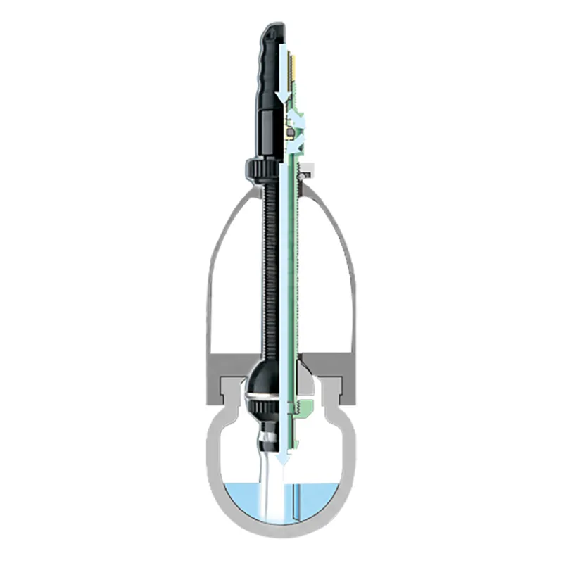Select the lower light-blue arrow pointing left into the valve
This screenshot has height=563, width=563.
pos(298,144)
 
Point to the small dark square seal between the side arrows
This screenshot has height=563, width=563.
pos(289,129)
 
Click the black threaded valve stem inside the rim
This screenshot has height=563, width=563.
pos(269,267)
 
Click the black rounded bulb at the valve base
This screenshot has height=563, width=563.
pos(264,384)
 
